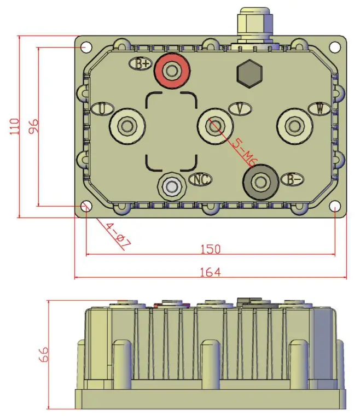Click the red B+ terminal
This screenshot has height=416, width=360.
[172, 71]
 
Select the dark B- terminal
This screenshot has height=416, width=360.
[259, 180]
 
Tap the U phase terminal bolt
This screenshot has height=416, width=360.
[127, 126]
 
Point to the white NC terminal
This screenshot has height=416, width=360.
[172, 187]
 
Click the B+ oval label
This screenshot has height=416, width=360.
[141, 63]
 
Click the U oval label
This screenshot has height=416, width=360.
[102, 108]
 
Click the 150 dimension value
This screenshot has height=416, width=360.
[210, 249]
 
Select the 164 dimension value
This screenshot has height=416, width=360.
[210, 272]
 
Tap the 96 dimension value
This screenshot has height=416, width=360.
[33, 126]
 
